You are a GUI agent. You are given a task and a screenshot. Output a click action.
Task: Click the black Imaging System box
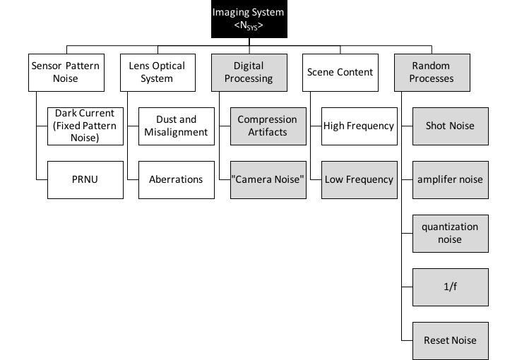click(249, 19)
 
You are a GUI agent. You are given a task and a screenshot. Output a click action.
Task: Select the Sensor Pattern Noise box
click(66, 73)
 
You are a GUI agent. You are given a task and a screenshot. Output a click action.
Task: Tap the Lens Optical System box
click(158, 73)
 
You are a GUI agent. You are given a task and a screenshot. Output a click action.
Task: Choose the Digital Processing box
click(249, 73)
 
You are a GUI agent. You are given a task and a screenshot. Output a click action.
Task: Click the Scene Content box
click(340, 73)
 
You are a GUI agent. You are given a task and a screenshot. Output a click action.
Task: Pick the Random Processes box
click(432, 73)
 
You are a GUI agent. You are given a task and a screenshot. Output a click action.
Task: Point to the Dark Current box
click(85, 126)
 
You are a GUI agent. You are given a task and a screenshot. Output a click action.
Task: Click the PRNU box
click(85, 180)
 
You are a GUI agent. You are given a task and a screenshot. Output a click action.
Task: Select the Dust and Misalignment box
click(177, 126)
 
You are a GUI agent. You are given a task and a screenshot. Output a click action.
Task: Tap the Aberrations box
click(177, 180)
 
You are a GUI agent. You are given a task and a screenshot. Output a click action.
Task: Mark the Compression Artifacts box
click(268, 126)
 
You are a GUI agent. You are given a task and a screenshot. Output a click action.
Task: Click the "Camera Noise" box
click(268, 180)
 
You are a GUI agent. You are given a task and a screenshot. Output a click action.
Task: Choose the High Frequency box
click(359, 126)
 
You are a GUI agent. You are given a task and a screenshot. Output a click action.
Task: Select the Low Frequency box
click(359, 180)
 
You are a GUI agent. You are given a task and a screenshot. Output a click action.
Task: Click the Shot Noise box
click(451, 126)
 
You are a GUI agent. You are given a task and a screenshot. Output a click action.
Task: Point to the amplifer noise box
click(451, 180)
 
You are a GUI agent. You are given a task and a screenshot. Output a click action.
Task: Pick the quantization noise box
click(451, 234)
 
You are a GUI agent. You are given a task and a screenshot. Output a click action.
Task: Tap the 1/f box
click(451, 287)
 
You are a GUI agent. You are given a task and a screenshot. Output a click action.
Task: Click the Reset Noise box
click(451, 341)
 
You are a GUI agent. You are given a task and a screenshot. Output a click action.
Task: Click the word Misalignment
click(176, 132)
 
